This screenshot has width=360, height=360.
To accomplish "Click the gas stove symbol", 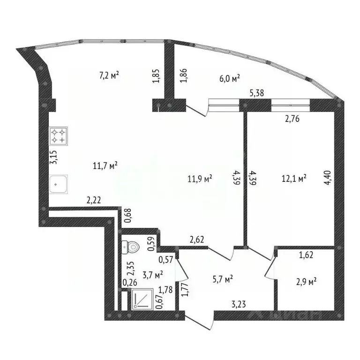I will click(x=59, y=136).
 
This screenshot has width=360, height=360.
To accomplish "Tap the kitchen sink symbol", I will click(x=59, y=184).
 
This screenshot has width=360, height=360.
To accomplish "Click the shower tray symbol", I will click(x=142, y=300).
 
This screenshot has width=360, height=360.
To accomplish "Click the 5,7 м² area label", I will click(x=222, y=280).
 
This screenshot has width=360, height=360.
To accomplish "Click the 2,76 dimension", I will click(x=291, y=119).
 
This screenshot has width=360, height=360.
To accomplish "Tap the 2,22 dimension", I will click(x=94, y=200).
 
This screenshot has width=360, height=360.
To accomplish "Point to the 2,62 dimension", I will click(x=197, y=239).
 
